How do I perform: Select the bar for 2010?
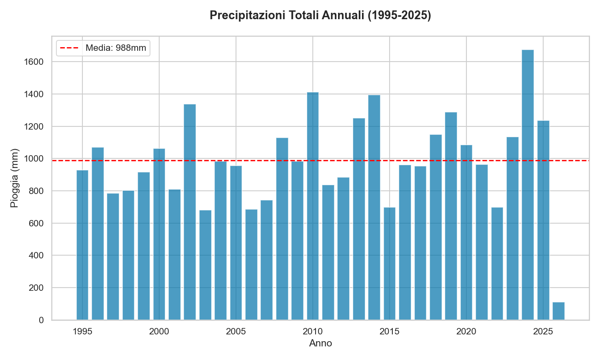click(x=313, y=206)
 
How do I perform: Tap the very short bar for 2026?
click(x=558, y=311)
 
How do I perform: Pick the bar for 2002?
click(x=190, y=212)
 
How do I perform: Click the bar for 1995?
click(x=82, y=245)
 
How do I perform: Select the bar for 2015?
click(x=390, y=264)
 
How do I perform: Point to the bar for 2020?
click(x=466, y=232)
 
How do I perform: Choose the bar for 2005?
click(x=236, y=243)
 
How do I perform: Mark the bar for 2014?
click(x=374, y=207)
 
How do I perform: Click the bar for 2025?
click(x=543, y=220)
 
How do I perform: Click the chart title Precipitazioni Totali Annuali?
click(x=320, y=16)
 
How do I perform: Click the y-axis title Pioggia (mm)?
click(x=14, y=178)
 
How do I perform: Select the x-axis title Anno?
click(x=320, y=343)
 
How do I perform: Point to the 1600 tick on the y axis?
click(x=35, y=62)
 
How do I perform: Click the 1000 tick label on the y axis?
click(x=35, y=159)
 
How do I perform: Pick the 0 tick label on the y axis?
click(x=41, y=320)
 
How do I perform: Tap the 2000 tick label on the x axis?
click(x=159, y=331)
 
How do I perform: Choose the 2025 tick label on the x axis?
click(x=543, y=331)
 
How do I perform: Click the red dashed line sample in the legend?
click(x=70, y=48)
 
